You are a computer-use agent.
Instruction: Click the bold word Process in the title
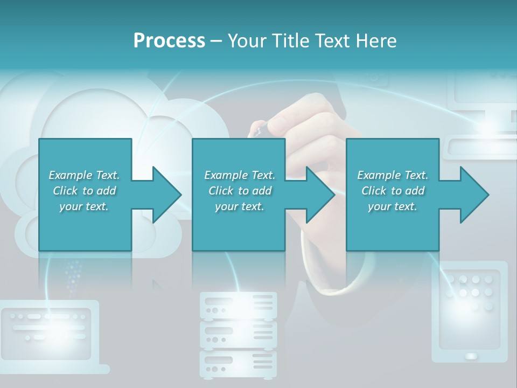169,40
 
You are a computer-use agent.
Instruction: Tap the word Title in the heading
291,40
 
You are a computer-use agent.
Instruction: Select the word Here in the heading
376,40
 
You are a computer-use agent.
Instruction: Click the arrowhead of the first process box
167,195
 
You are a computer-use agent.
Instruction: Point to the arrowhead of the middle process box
321,195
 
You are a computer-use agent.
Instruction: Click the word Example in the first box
71,175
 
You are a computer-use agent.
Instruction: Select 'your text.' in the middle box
239,206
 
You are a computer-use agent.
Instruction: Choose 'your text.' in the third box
392,206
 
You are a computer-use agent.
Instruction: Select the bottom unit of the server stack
238,364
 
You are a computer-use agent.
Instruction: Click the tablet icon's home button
471,356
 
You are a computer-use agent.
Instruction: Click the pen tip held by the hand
257,129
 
